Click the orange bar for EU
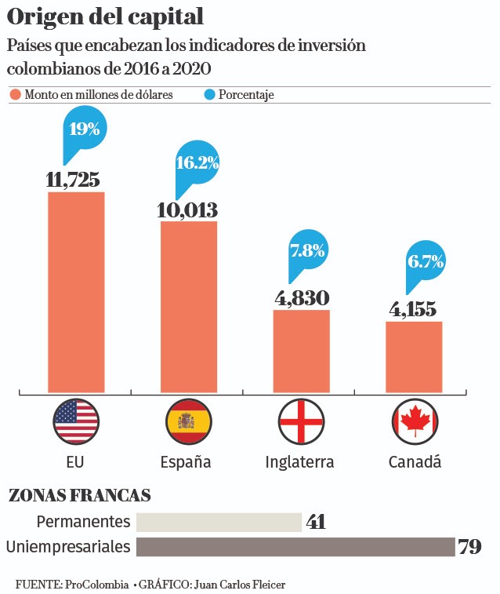click(x=76, y=291)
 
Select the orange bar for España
click(x=189, y=306)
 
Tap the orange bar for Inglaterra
click(x=302, y=350)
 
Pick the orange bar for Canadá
click(x=415, y=356)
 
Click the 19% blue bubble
click(x=84, y=129)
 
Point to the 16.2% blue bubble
click(x=197, y=163)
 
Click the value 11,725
click(x=73, y=180)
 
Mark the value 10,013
click(x=187, y=210)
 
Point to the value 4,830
click(x=302, y=298)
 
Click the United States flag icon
click(x=75, y=422)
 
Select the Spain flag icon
click(x=189, y=422)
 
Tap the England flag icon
click(x=302, y=422)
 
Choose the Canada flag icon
click(x=415, y=422)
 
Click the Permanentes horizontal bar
click(x=219, y=522)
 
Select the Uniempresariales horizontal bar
click(x=295, y=547)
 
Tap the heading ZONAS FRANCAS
click(x=79, y=496)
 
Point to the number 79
click(x=469, y=547)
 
